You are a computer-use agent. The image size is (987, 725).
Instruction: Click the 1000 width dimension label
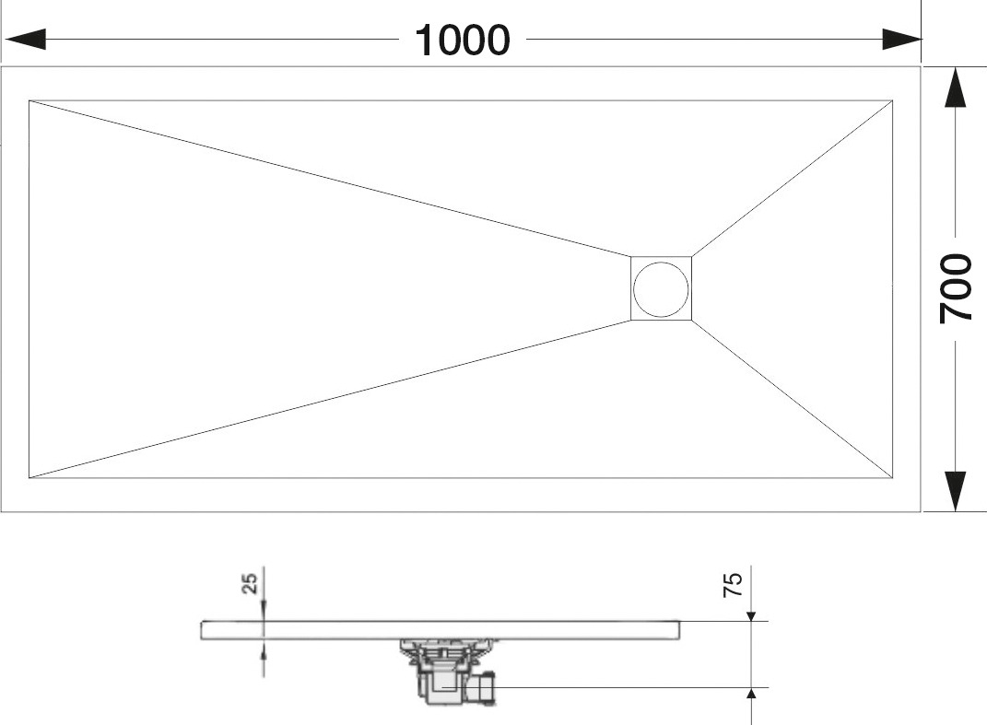pos(462,41)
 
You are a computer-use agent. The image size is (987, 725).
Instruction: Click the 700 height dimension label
pos(956,289)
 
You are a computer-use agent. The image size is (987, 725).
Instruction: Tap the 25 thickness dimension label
pos(250,583)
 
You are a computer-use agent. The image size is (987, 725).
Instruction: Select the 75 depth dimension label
pos(734,585)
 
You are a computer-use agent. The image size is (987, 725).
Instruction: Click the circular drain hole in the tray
pos(661,289)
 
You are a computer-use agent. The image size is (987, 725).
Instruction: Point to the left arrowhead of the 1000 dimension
pos(25,39)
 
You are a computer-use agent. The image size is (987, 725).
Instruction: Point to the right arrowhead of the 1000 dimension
pos(901,39)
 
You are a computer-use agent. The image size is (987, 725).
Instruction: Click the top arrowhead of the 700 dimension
pos(956,88)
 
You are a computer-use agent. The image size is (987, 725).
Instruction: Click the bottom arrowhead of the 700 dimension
pos(956,491)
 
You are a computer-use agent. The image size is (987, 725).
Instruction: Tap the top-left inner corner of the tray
pos(29,100)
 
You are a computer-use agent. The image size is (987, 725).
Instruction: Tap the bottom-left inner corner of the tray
pos(29,478)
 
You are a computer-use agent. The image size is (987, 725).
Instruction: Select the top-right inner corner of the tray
pos(893,100)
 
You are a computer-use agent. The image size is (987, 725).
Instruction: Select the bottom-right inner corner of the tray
pos(893,478)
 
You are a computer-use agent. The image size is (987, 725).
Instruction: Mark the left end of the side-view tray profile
pos(202,631)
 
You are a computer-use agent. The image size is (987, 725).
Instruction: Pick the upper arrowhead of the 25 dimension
pos(264,612)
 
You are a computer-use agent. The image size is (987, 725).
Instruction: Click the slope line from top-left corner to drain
pos(330,178)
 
